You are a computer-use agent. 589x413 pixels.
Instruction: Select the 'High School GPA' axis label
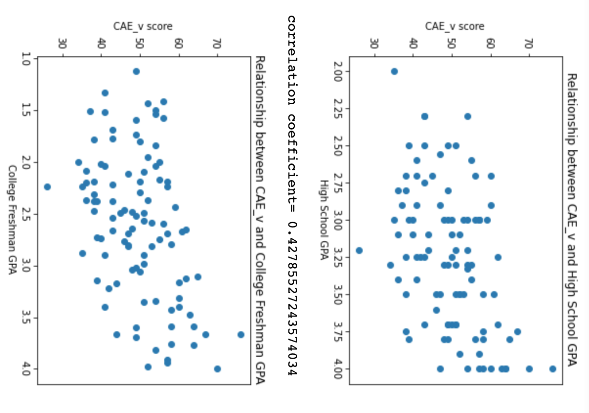323,220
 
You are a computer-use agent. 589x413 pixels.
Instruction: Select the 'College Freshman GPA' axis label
12,220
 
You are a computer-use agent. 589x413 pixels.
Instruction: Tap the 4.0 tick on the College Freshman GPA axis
26,368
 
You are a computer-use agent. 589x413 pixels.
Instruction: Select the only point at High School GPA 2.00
394,71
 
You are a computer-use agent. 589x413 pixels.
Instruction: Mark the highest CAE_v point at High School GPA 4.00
552,369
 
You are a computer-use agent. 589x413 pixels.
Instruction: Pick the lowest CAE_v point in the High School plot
359,251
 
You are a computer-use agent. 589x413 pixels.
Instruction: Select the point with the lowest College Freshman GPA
136,71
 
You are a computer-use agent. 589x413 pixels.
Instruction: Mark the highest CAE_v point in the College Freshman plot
240,335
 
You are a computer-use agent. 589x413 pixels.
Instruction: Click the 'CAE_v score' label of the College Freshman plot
143,26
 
